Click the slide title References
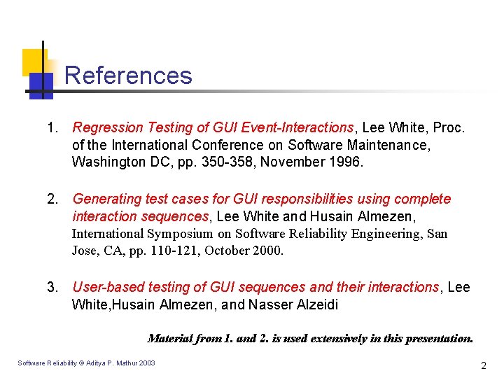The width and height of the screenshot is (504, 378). point(128,76)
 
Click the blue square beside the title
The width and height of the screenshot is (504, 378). point(41,85)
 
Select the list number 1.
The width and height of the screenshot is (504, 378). point(51,128)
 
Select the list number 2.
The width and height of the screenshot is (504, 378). point(51,199)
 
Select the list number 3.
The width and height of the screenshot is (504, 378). point(51,288)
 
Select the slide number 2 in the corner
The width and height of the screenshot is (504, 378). point(483,365)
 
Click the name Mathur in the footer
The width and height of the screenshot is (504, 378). point(127,363)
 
